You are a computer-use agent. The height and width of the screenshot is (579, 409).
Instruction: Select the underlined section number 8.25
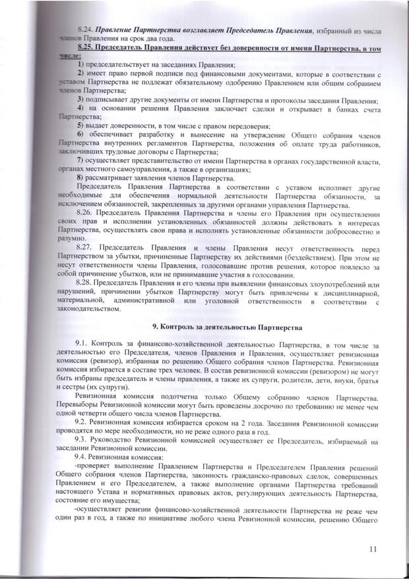coord(84,49)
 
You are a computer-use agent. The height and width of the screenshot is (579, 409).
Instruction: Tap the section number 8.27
coord(84,247)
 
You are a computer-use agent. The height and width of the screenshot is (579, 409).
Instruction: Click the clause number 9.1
coord(82,345)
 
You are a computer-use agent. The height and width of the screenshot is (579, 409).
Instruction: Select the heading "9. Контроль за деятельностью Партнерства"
coord(227,327)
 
